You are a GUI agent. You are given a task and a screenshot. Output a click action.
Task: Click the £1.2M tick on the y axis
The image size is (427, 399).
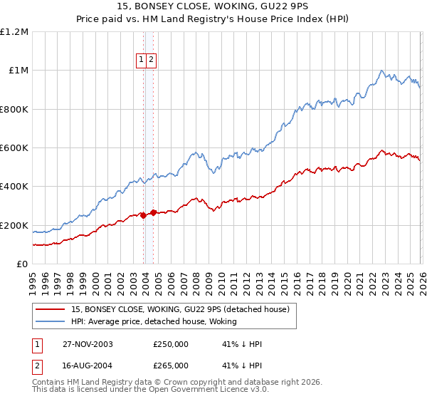pos(14,32)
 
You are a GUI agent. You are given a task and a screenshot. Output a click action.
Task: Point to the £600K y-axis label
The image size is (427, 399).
pos(14,148)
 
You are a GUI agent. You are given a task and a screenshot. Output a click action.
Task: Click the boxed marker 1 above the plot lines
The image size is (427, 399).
pos(142,61)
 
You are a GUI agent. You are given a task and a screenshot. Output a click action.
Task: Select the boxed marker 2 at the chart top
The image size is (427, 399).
pos(152,61)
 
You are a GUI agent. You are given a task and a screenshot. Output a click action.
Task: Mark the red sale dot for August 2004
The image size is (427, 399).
pos(153,213)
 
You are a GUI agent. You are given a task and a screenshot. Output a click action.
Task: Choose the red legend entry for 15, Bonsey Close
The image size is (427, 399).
pos(179,309)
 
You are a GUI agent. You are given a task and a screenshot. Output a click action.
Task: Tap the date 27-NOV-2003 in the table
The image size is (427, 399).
pos(88,344)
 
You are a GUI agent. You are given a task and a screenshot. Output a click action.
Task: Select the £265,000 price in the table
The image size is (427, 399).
pos(171,365)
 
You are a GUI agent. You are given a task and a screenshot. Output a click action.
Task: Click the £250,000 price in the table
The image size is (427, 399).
pos(171,344)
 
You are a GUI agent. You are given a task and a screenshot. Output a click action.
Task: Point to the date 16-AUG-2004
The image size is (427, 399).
pos(88,365)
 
